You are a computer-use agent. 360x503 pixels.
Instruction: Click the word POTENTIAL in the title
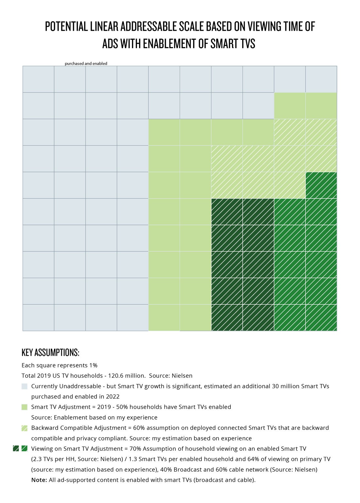(66, 27)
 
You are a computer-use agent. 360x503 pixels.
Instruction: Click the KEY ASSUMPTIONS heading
(50, 353)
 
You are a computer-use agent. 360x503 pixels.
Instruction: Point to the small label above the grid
(86, 63)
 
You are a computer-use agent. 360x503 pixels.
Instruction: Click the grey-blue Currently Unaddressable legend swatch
(25, 386)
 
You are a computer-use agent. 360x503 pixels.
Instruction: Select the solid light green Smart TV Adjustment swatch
(25, 407)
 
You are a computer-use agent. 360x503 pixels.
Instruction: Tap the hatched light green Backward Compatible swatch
(25, 428)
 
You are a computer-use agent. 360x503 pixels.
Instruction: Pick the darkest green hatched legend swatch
(16, 449)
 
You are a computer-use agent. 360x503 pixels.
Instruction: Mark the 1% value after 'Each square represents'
(93, 365)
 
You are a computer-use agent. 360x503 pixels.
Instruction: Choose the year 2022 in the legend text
(112, 397)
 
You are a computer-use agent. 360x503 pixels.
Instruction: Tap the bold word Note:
(39, 480)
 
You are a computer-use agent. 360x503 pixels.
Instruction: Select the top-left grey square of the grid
(38, 79)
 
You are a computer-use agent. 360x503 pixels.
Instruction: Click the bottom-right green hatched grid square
(321, 318)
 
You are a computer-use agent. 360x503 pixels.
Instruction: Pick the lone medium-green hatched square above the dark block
(321, 185)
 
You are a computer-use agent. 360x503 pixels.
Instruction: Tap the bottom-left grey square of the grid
(38, 318)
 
